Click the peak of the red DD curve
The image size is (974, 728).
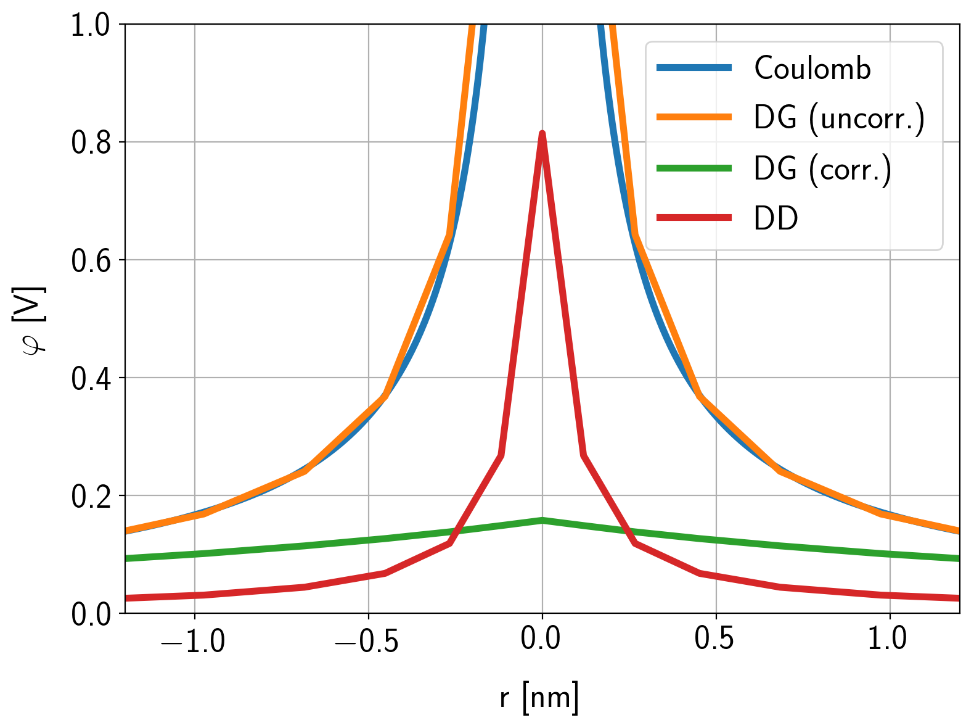(x=542, y=134)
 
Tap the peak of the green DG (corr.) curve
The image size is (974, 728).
(x=542, y=520)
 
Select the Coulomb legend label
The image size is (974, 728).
(x=812, y=68)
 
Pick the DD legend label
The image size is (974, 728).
(x=776, y=218)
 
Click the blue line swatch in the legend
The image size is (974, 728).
(x=694, y=68)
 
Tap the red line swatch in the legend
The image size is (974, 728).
(x=694, y=218)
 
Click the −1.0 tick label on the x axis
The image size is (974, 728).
(x=192, y=640)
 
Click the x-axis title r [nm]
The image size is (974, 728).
(x=539, y=698)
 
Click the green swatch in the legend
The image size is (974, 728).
(x=694, y=168)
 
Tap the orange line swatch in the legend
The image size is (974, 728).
(x=694, y=118)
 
